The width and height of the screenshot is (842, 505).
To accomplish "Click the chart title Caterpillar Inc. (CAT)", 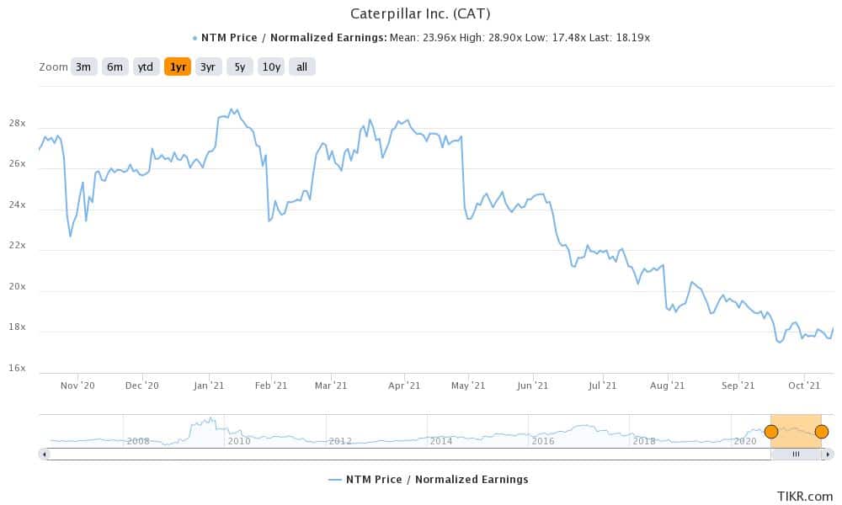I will [x=419, y=14].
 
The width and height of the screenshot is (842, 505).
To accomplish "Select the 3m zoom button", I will [x=83, y=67].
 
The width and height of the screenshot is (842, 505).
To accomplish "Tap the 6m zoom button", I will [x=115, y=67].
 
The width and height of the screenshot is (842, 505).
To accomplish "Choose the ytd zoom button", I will [x=146, y=67].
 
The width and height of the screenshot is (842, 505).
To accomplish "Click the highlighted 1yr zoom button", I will [x=177, y=67].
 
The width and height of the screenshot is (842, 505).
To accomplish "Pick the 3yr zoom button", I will [x=207, y=67].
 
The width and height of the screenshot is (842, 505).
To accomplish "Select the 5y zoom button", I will [x=239, y=67].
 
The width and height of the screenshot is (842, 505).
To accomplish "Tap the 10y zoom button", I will [x=270, y=67].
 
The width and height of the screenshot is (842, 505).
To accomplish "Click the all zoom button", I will [x=301, y=67].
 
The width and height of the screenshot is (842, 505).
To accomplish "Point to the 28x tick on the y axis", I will [x=17, y=125].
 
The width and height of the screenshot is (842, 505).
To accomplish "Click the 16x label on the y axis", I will [x=17, y=369].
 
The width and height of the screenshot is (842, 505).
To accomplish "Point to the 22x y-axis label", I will [x=17, y=247].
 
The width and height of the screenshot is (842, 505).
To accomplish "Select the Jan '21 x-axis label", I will [x=209, y=385].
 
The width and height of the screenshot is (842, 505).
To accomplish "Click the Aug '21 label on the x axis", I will [x=667, y=385].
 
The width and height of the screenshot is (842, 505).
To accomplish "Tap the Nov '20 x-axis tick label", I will [x=76, y=385].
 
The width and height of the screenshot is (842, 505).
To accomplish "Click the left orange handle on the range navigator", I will [x=770, y=432].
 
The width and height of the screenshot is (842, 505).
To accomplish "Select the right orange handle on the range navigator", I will [x=821, y=432].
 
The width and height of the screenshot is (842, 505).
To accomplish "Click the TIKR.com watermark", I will [x=805, y=496].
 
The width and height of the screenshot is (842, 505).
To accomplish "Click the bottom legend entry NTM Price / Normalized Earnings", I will [x=429, y=480].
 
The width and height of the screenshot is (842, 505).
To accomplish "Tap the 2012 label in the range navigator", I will [x=339, y=441].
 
